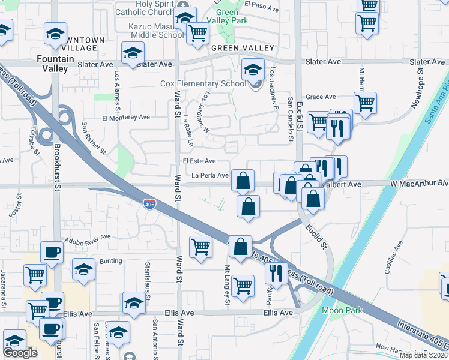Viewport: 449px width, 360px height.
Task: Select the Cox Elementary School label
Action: pyautogui.click(x=203, y=83)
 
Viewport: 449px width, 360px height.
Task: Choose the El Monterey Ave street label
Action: pyautogui.click(x=125, y=118)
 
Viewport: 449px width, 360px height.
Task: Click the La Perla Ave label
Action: pyautogui.click(x=210, y=175)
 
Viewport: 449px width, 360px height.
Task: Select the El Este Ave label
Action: pyautogui.click(x=200, y=161)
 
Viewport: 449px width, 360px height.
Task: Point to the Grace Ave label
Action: pyautogui.click(x=321, y=97)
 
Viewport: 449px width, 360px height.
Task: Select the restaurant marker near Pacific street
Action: pyautogui.click(x=276, y=273)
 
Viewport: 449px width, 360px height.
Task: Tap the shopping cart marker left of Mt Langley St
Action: pyautogui.click(x=200, y=245)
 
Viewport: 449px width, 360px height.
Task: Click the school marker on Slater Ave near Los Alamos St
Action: pyautogui.click(x=133, y=53)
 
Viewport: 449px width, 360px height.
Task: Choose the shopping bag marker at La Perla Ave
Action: pyautogui.click(x=243, y=179)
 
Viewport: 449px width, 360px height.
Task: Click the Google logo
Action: pyautogui.click(x=20, y=353)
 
